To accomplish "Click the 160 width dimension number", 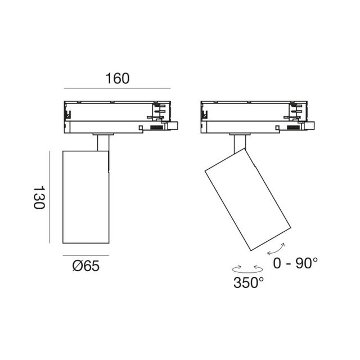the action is (118, 78).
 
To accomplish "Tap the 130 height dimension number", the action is (39, 197).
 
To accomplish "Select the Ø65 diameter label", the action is (86, 266).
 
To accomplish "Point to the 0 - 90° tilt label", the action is (295, 263).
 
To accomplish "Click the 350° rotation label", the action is (249, 282).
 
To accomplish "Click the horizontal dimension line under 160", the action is (117, 88).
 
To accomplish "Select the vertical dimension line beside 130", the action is (49, 197).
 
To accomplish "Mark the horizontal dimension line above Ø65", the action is (86, 255).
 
